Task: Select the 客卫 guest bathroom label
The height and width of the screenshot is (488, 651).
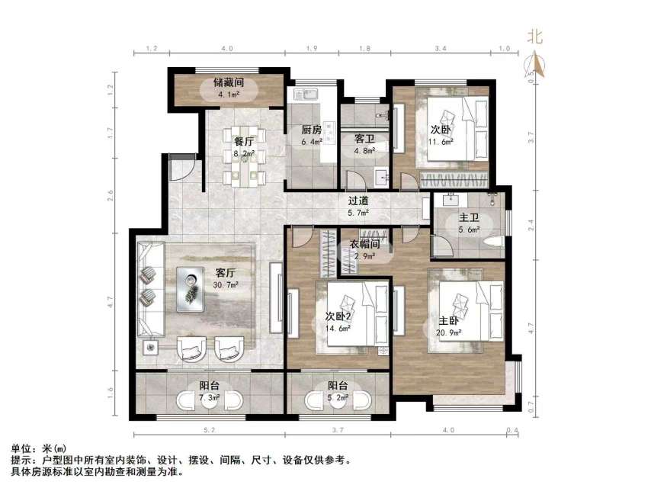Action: click(363, 139)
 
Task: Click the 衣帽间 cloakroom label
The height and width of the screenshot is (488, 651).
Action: click(364, 244)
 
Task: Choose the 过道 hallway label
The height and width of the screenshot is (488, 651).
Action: click(358, 201)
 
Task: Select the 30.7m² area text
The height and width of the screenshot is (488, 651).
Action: click(226, 284)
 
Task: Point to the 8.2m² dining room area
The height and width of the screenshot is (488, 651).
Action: click(244, 153)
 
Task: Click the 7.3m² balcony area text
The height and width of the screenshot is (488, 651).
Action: click(210, 397)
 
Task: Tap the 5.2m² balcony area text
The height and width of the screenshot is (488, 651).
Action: click(338, 397)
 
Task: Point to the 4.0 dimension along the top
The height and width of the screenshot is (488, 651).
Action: click(227, 50)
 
